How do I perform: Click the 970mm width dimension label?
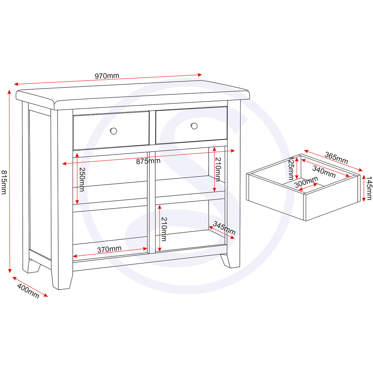click(x=107, y=76)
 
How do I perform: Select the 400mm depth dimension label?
click(x=28, y=291)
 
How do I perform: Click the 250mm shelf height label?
click(x=82, y=179)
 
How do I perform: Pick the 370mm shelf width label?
click(x=109, y=250)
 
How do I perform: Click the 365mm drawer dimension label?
click(x=336, y=158)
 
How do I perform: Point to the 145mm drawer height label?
click(x=369, y=188)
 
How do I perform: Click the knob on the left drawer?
click(x=113, y=131)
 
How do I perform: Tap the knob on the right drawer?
click(x=194, y=126)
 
